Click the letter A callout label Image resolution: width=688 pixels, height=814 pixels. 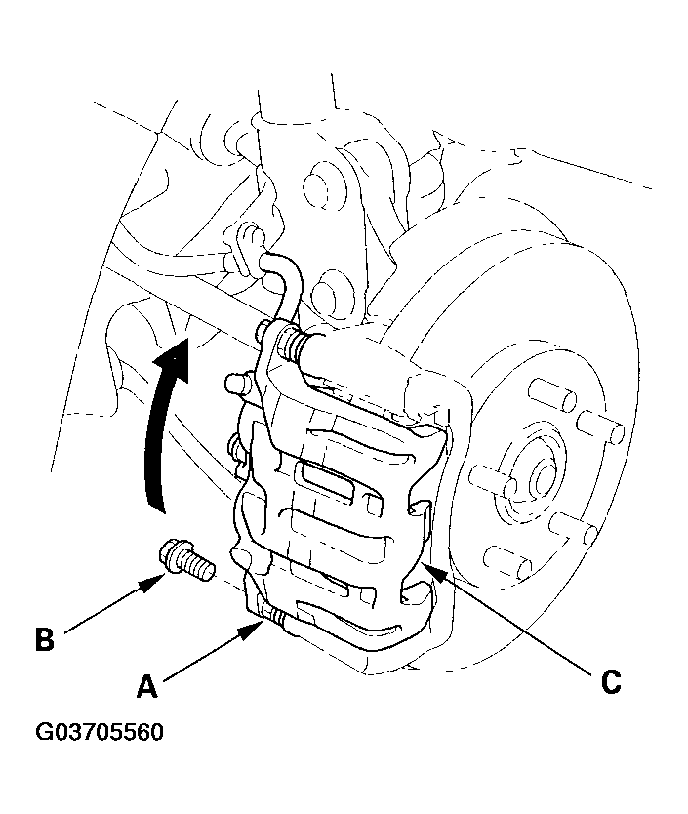point(146,686)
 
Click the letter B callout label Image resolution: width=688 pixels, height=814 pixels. point(45,639)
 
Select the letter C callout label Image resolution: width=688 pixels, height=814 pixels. point(611,681)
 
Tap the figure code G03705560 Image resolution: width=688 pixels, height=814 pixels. point(100,732)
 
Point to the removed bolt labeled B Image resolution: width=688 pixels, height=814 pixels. point(185,561)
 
